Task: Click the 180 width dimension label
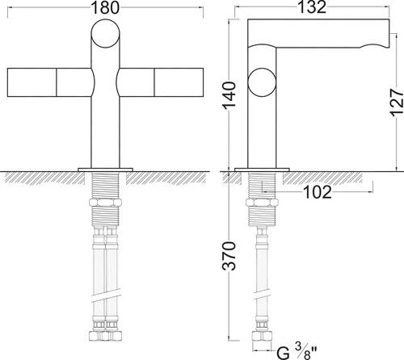(105, 8)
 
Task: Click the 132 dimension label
(312, 7)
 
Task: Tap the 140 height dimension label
(229, 95)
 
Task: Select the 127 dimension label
(397, 103)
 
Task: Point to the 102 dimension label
(318, 192)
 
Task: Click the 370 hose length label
(229, 256)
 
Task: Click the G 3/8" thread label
(297, 351)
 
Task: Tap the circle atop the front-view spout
(106, 34)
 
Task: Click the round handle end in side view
(262, 82)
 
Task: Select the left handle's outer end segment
(32, 82)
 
